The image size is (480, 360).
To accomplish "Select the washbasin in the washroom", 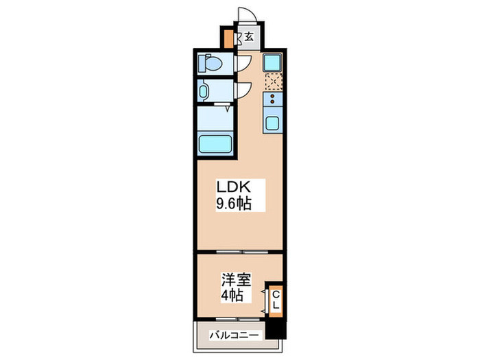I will (206, 91).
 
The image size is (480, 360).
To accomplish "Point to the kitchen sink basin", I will (272, 125).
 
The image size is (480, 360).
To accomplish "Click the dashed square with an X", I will (273, 82).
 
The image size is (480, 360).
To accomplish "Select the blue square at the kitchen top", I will (272, 62).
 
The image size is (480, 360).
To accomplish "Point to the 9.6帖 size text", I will (233, 204).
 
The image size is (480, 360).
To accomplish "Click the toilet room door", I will (243, 64).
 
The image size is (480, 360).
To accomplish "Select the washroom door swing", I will (243, 90).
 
